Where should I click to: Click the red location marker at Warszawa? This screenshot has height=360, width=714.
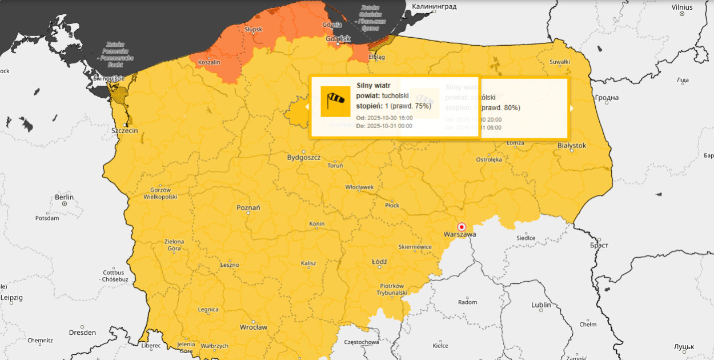point(462,226)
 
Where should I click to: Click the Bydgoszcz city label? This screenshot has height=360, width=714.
point(303,157)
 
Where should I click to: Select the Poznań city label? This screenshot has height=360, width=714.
point(248,207)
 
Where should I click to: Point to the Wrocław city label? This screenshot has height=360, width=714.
point(253,327)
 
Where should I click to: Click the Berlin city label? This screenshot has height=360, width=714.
point(64,197)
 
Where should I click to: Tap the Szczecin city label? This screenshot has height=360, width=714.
point(125,130)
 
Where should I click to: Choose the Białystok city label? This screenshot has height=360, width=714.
point(571,146)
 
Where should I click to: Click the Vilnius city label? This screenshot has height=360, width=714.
point(682,7)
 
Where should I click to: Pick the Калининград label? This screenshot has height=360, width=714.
point(435,6)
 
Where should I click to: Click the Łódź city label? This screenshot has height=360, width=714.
point(379,262)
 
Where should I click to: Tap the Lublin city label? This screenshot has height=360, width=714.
point(541,305)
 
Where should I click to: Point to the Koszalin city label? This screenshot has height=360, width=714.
point(208,62)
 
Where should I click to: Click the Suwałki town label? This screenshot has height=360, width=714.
point(559,62)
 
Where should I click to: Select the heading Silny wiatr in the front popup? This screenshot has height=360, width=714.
point(374,85)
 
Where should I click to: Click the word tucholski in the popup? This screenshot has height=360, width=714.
point(395,95)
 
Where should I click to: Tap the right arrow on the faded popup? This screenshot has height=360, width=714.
point(571,107)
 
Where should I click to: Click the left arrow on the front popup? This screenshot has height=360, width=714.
point(307,106)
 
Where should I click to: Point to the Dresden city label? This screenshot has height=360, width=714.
point(82,332)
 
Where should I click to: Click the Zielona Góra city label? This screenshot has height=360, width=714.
point(174,245)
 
